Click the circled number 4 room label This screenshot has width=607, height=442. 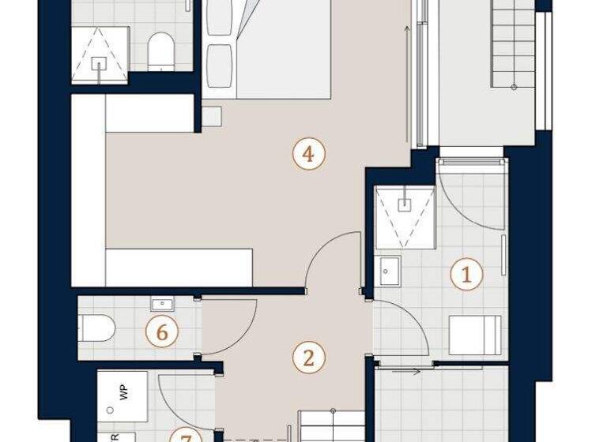[308, 154]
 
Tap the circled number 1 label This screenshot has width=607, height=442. [466, 275]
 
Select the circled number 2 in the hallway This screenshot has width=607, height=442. [308, 358]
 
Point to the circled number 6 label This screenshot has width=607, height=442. [162, 332]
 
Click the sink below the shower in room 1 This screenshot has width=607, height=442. [389, 271]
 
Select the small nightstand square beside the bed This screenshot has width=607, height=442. [211, 116]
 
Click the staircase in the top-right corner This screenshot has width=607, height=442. [513, 43]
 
